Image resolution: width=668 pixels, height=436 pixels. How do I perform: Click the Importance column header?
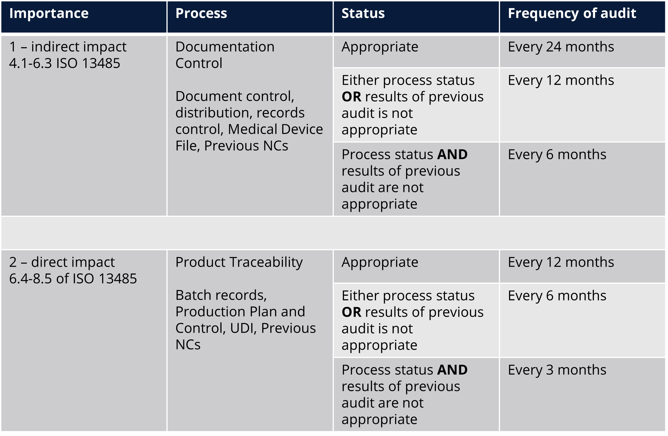(49, 13)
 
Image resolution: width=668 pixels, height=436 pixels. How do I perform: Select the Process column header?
(201, 13)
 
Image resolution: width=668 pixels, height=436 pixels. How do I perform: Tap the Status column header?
(363, 13)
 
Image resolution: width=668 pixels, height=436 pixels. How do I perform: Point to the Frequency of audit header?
(572, 13)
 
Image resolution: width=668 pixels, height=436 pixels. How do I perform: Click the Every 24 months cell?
(561, 47)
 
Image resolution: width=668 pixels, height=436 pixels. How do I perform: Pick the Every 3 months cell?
(557, 370)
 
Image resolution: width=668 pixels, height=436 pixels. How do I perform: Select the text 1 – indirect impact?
(68, 47)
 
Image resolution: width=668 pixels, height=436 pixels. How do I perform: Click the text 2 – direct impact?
(62, 262)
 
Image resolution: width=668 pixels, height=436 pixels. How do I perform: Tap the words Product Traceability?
(239, 262)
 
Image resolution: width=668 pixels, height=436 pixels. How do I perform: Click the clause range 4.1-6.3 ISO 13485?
(65, 63)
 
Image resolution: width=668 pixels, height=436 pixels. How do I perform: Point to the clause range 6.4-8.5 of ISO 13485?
(73, 278)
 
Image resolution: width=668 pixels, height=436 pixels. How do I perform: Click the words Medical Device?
(275, 129)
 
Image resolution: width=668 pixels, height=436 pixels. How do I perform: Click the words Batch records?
(221, 295)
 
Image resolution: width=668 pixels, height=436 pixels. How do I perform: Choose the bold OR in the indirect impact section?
(351, 97)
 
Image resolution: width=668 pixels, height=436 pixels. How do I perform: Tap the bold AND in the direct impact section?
(452, 370)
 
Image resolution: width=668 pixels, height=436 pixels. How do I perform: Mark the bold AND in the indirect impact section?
(452, 154)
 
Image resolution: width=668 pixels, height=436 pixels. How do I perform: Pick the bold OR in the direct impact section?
(351, 312)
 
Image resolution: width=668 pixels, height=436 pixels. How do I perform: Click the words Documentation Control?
(224, 55)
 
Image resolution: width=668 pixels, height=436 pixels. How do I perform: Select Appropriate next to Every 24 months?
(380, 47)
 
